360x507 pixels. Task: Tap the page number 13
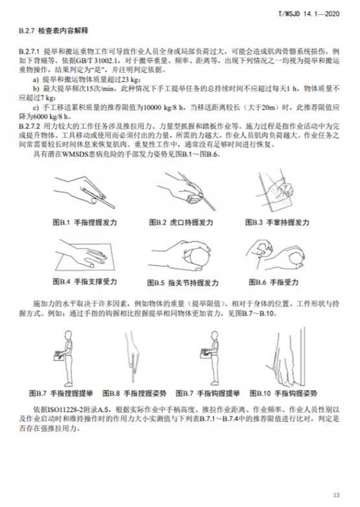click(x=336, y=495)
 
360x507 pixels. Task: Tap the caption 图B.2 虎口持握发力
click(x=184, y=222)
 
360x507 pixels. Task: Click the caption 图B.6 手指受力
click(x=276, y=283)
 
